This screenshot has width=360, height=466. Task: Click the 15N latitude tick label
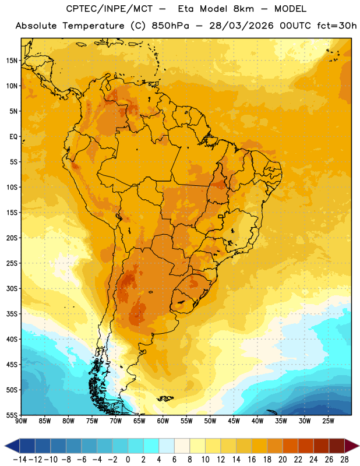pos(12,61)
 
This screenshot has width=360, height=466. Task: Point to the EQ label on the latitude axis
pos(13,137)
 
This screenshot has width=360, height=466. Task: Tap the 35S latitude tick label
pos(12,314)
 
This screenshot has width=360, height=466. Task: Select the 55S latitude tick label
pos(12,415)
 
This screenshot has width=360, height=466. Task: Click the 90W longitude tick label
pos(21,421)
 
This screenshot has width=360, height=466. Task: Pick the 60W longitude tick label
pos(163,421)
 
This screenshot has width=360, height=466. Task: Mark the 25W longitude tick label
pos(328,421)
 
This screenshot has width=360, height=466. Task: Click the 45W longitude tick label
pos(234,421)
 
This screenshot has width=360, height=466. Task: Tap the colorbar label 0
pos(128,460)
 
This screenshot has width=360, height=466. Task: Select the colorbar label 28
pos(344,460)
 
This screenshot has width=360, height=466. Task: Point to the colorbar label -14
pos(20,460)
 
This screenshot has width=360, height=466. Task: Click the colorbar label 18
pos(267,460)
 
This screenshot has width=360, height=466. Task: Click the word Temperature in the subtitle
pos(93,26)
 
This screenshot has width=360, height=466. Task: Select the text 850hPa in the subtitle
pos(170,26)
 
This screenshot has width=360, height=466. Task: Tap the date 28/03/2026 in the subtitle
pos(241,26)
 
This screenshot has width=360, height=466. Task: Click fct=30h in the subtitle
pos(337,26)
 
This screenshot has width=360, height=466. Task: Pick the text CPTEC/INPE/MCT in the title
pos(110,9)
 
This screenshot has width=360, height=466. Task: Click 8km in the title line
pos(243,9)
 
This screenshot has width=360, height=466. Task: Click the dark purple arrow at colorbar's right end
pos(352,446)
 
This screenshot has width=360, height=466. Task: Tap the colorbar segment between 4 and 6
pos(167,446)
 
